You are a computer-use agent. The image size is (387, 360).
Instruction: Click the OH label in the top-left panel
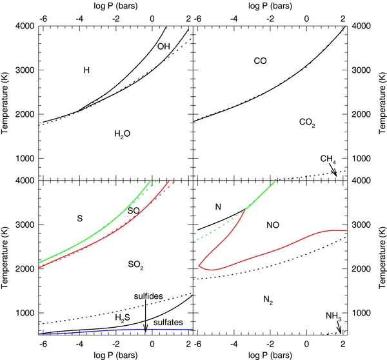tap(163, 47)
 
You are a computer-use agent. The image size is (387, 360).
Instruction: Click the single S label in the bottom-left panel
tap(80, 219)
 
